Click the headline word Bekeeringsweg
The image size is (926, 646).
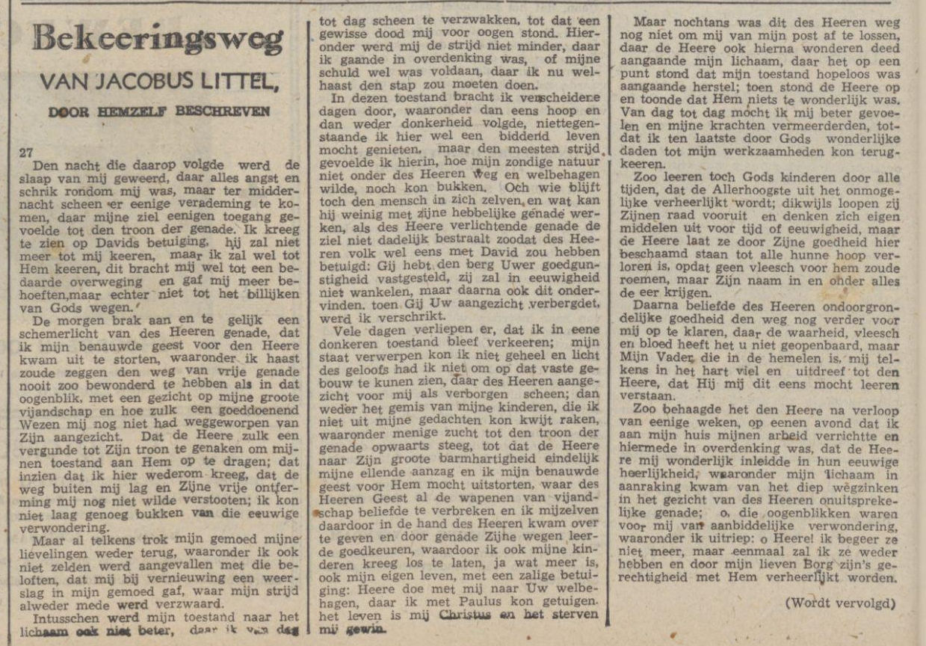tap(158, 38)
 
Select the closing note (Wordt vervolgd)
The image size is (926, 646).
tap(840, 603)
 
